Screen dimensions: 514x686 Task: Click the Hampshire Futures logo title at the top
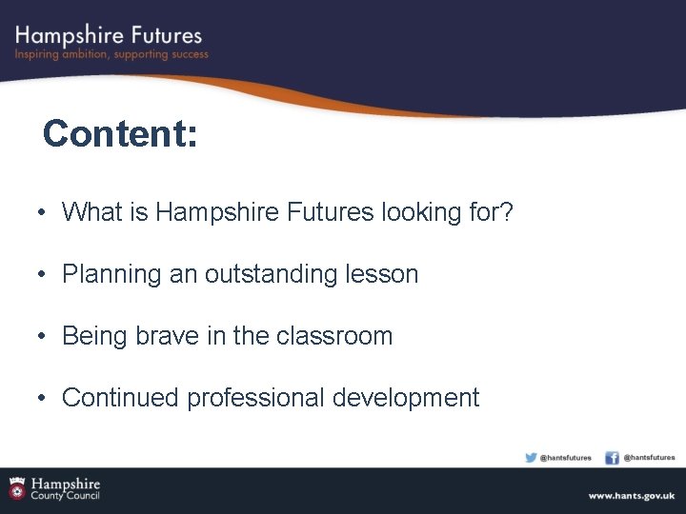[x=109, y=35]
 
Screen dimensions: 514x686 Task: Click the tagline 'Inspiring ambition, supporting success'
[x=111, y=54]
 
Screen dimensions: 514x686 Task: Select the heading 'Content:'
[x=120, y=134]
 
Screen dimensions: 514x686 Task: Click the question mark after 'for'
[x=507, y=212]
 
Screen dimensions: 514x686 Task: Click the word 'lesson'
[x=387, y=274]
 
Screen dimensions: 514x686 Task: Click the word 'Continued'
[x=120, y=398]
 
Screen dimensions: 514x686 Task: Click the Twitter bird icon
[x=531, y=458]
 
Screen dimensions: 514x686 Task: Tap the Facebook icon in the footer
[x=613, y=458]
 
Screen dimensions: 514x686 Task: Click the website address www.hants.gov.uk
[x=631, y=496]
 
